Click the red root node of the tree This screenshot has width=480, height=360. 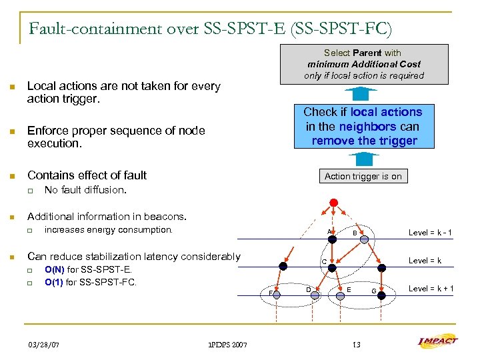pos(334,203)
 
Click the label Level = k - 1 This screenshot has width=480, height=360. pos(430,233)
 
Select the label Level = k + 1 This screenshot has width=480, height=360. pos(431,288)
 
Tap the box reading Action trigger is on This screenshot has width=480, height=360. pos(363,176)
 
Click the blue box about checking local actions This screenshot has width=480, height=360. pos(363,126)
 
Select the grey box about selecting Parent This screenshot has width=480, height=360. pos(363,64)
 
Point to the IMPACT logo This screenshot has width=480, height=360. pos(437,343)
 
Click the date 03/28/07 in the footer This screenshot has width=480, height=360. pos(43,345)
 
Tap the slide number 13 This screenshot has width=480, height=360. pos(356,345)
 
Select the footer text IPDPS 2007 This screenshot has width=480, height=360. pos(227,345)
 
